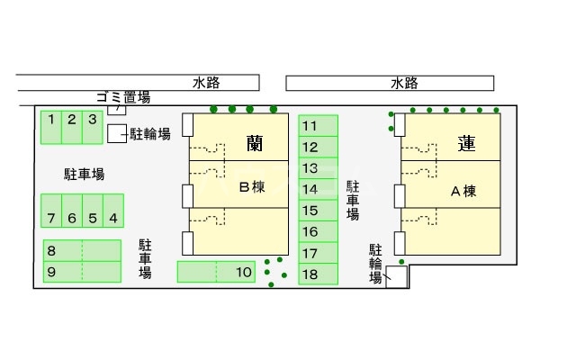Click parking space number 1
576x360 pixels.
51,127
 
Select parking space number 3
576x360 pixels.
92,127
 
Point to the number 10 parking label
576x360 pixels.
243,271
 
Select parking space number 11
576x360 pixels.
310,126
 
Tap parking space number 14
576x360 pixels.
310,190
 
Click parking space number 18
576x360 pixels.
310,274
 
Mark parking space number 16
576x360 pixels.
310,232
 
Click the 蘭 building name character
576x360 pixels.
254,142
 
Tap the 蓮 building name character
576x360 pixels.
466,142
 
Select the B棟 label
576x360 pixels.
251,188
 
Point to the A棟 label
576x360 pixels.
463,190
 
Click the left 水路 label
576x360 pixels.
206,83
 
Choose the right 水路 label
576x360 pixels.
404,83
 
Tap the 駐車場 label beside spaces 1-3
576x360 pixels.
85,174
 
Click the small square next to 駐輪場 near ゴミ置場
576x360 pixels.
116,134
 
